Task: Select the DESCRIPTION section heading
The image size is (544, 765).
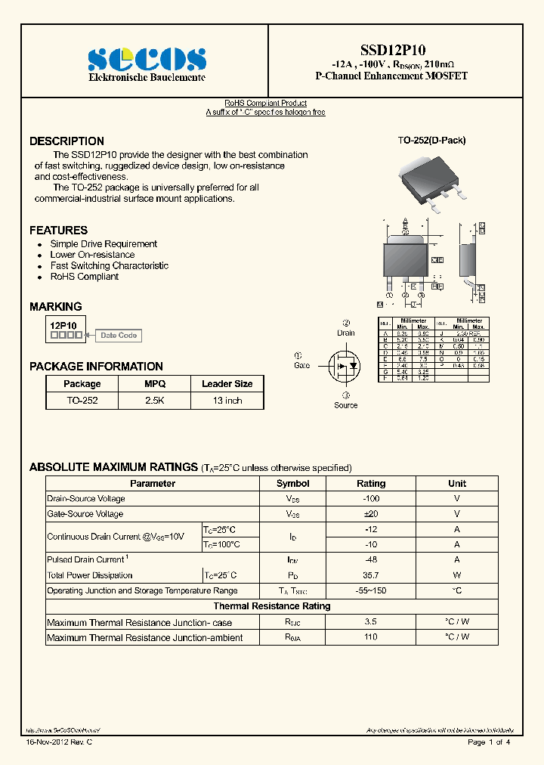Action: [x=66, y=141]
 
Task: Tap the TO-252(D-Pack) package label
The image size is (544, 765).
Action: [x=431, y=141]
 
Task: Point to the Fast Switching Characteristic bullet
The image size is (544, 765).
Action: [x=109, y=266]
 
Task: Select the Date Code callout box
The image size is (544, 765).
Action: [x=119, y=336]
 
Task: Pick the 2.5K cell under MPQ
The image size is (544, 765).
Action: [x=155, y=401]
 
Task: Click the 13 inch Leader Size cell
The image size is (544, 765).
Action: [x=227, y=401]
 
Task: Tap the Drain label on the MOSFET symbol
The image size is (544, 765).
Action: [x=346, y=333]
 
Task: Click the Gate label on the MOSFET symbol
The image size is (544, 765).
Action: [x=301, y=365]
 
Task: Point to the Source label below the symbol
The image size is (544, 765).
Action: [x=346, y=405]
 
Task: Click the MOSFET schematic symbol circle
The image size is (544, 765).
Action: [x=345, y=366]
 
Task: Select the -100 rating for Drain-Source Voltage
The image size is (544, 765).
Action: [x=370, y=499]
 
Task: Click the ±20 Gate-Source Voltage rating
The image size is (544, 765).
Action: [x=370, y=514]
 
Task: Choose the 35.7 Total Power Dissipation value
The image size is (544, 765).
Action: [x=370, y=575]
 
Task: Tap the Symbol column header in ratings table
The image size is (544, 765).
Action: [x=292, y=484]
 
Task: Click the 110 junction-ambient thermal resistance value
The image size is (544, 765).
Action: [x=370, y=637]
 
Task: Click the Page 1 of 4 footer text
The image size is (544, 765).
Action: [x=489, y=742]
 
